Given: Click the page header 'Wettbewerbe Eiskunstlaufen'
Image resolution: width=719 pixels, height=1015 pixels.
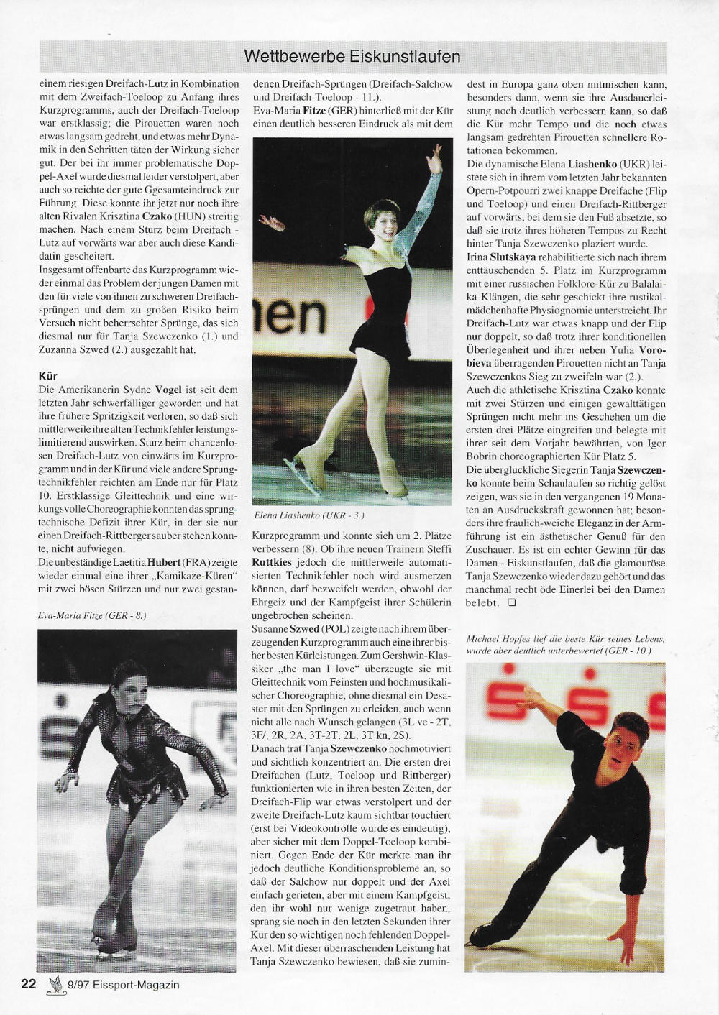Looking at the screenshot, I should [x=352, y=56].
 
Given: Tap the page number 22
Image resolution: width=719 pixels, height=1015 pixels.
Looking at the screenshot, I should [x=29, y=984].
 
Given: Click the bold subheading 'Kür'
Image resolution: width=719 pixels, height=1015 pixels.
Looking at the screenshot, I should [x=47, y=376].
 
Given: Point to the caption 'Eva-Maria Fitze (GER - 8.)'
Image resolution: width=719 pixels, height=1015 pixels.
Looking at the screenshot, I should [x=92, y=616].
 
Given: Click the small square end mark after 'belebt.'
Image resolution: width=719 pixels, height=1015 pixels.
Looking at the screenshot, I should [x=512, y=603].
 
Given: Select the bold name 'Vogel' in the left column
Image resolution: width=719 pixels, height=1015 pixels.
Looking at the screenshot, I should [x=168, y=390].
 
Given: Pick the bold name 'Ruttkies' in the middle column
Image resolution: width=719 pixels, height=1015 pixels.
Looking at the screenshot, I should [x=272, y=561].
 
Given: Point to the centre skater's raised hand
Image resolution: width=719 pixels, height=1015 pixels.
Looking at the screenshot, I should [x=434, y=153].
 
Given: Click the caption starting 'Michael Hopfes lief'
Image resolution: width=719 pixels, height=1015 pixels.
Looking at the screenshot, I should [x=565, y=644].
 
